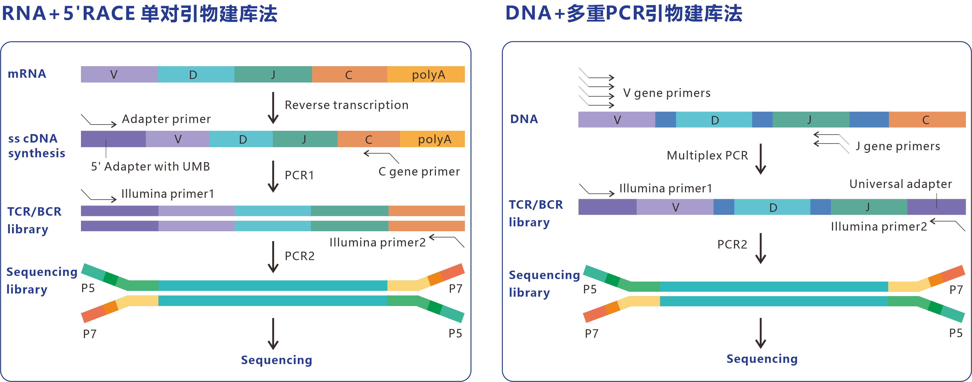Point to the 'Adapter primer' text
click(166, 119)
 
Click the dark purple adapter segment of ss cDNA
click(113, 139)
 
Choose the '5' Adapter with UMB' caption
click(150, 167)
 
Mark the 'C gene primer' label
click(419, 172)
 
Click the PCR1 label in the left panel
click(299, 175)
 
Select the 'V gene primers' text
click(667, 93)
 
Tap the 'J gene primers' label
click(898, 146)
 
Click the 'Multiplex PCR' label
click(707, 155)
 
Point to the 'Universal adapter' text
click(900, 184)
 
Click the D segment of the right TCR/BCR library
click(772, 207)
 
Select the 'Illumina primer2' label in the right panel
click(879, 226)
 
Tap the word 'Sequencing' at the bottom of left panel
click(277, 360)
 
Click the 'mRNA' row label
click(27, 74)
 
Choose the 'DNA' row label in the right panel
click(524, 119)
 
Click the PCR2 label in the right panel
click(732, 245)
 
